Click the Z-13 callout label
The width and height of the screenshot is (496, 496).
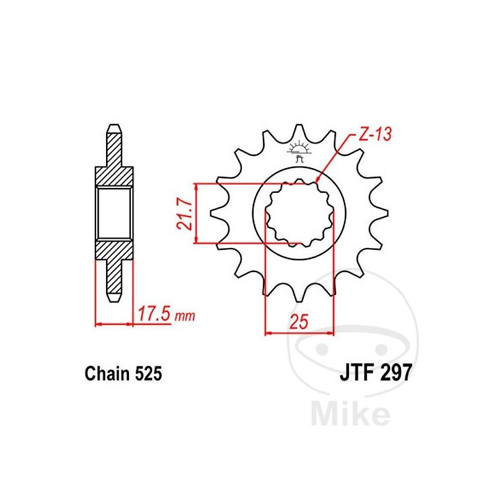pos(375,134)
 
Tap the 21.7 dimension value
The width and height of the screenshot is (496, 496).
pos(184,214)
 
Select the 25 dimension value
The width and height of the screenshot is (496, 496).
pos(299,322)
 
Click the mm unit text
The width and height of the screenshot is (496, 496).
pos(185,316)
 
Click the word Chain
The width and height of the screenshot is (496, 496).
pos(107,374)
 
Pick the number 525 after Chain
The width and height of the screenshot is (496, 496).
pos(149,374)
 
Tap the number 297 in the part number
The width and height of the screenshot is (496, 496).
pos(396,373)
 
